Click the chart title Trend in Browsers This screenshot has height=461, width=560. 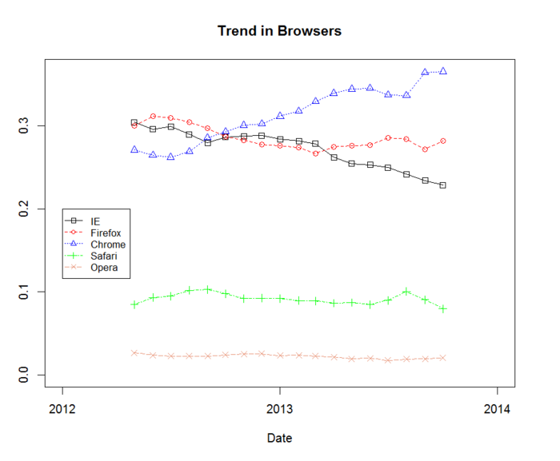click(279, 31)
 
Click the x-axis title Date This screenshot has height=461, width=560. click(279, 438)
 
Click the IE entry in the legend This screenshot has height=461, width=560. click(95, 221)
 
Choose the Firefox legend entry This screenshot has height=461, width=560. click(105, 232)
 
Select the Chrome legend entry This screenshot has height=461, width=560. click(107, 244)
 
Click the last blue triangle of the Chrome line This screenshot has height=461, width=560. click(443, 71)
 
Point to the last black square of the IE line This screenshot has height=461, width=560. click(443, 185)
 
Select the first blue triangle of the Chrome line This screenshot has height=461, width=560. click(134, 149)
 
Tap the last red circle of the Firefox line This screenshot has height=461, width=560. click(443, 141)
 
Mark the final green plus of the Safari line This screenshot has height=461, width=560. click(443, 308)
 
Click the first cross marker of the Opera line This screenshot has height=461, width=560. click(134, 352)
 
